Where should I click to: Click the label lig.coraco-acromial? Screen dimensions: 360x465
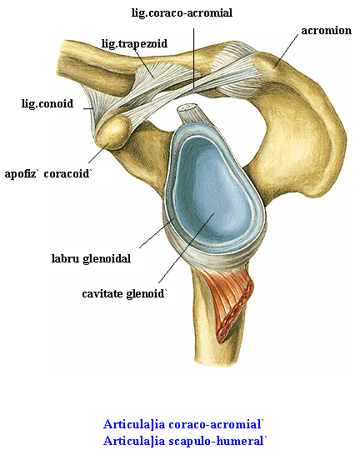pyautogui.click(x=182, y=13)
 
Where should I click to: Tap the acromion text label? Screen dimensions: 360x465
pyautogui.click(x=326, y=31)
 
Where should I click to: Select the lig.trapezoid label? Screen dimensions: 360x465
pyautogui.click(x=134, y=43)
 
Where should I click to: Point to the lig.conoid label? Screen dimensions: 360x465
pyautogui.click(x=47, y=103)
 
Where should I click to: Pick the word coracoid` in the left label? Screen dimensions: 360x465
pyautogui.click(x=67, y=173)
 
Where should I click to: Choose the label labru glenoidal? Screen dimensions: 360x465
pyautogui.click(x=91, y=258)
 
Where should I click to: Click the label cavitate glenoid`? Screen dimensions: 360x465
pyautogui.click(x=124, y=293)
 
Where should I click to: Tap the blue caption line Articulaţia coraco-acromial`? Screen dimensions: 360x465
pyautogui.click(x=183, y=424)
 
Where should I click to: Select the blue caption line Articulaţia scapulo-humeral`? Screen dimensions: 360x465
pyautogui.click(x=185, y=441)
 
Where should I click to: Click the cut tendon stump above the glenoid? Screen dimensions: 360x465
pyautogui.click(x=192, y=115)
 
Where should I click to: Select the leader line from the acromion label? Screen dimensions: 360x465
pyautogui.click(x=286, y=51)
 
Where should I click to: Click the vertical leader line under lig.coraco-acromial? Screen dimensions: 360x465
pyautogui.click(x=193, y=58)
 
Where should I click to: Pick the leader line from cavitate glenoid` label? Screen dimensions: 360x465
pyautogui.click(x=186, y=248)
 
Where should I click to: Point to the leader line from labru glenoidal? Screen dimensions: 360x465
pyautogui.click(x=157, y=233)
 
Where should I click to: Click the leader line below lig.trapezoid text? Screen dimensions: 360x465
pyautogui.click(x=143, y=62)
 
